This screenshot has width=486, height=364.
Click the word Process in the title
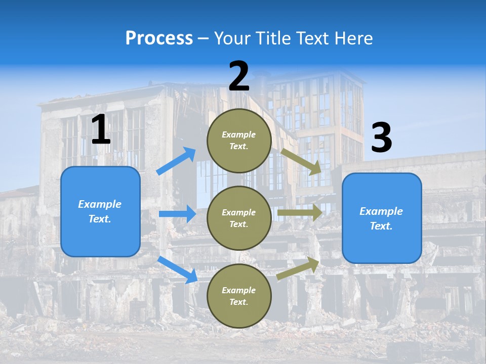[x=159, y=38]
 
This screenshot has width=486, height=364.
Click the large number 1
[x=101, y=130]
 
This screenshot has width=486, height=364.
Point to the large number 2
[x=239, y=76]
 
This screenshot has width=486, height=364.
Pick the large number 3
[x=381, y=138]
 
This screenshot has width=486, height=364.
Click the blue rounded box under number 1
[x=100, y=211]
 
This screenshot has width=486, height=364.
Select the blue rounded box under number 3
[x=382, y=218]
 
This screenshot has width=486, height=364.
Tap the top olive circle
[x=239, y=141]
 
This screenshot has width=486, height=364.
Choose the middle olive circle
[x=239, y=218]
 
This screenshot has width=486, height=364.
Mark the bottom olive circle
[x=239, y=296]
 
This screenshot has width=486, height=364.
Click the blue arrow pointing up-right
[x=176, y=161]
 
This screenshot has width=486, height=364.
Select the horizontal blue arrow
[x=177, y=214]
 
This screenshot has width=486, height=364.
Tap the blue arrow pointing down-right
[x=177, y=269]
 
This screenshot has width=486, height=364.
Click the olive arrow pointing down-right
[x=301, y=161]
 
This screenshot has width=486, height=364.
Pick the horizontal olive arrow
[x=300, y=213]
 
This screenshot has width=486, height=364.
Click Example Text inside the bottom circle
[x=239, y=296]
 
